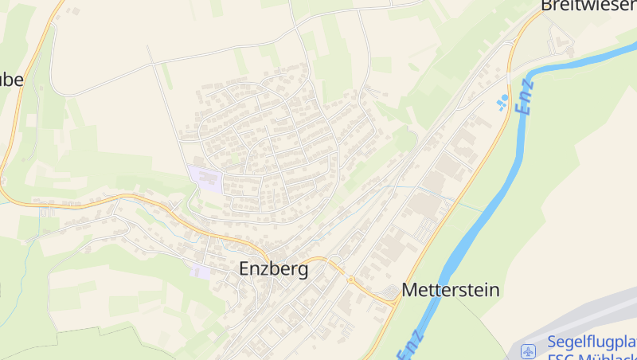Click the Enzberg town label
pos(273,270)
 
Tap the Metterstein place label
pos(451,290)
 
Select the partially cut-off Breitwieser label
pos(588,6)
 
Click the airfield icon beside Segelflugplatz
pos(529,350)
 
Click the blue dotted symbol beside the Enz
pos(502,103)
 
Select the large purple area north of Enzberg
pos(206,177)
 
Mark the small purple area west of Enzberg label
pos(201,272)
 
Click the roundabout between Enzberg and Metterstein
pos(350,279)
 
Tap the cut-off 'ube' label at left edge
pos(12,80)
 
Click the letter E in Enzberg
pos(245,270)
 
